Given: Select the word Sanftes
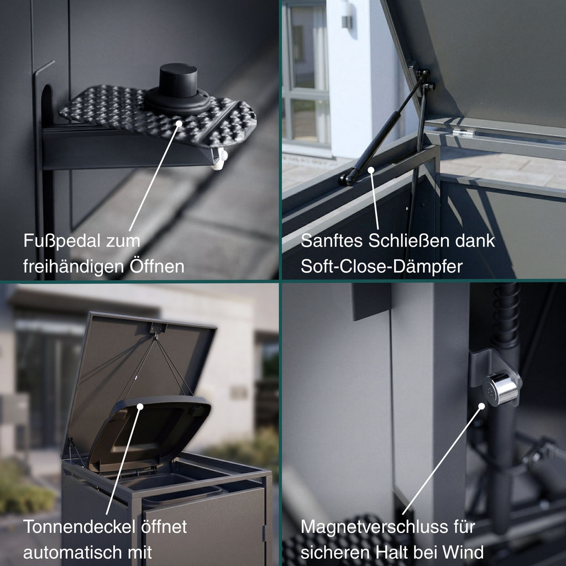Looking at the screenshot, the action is pos(332,240).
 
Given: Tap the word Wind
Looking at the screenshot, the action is pos(463,552).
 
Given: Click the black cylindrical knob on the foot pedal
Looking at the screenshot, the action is pos(178,81).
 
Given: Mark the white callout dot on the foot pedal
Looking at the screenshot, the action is pos(179,123).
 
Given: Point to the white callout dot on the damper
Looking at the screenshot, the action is pos(371,170).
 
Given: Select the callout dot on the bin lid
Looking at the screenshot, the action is pos(140,407).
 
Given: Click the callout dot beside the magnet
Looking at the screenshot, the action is pos(481,406).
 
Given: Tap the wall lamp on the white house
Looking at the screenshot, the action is pos(347,19).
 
